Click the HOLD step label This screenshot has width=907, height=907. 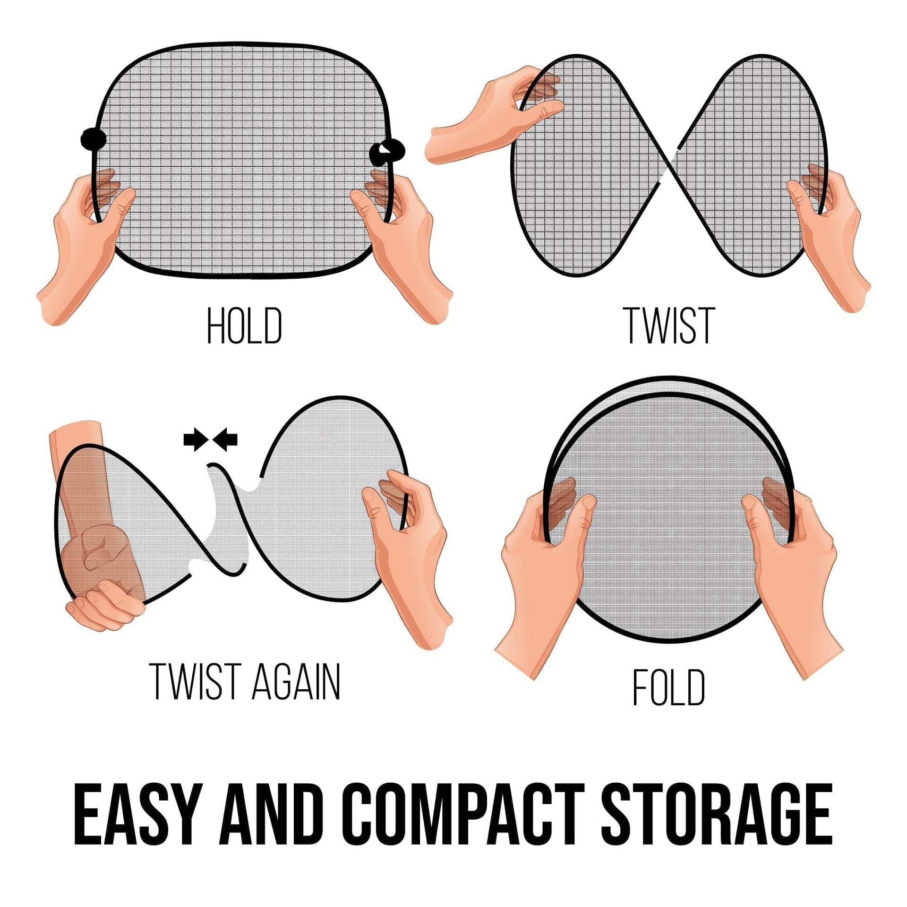[245, 326]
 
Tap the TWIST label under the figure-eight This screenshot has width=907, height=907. [669, 326]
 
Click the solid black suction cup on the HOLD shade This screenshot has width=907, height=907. [93, 139]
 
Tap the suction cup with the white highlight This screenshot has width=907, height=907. [387, 150]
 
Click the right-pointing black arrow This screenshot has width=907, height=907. [194, 442]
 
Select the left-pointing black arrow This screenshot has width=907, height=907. [226, 442]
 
